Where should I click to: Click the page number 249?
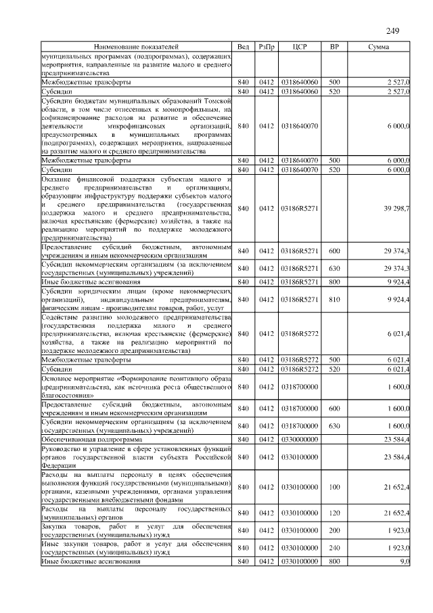coord(393,30)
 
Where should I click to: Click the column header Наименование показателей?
coord(136,47)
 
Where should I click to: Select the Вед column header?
coord(244,47)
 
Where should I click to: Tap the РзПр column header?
coord(267,47)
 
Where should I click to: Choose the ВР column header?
coord(334,47)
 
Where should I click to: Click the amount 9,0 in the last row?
coord(404,562)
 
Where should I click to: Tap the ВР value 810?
coord(334,299)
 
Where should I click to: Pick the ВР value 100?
coord(334,487)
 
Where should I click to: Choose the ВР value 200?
coord(334,528)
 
